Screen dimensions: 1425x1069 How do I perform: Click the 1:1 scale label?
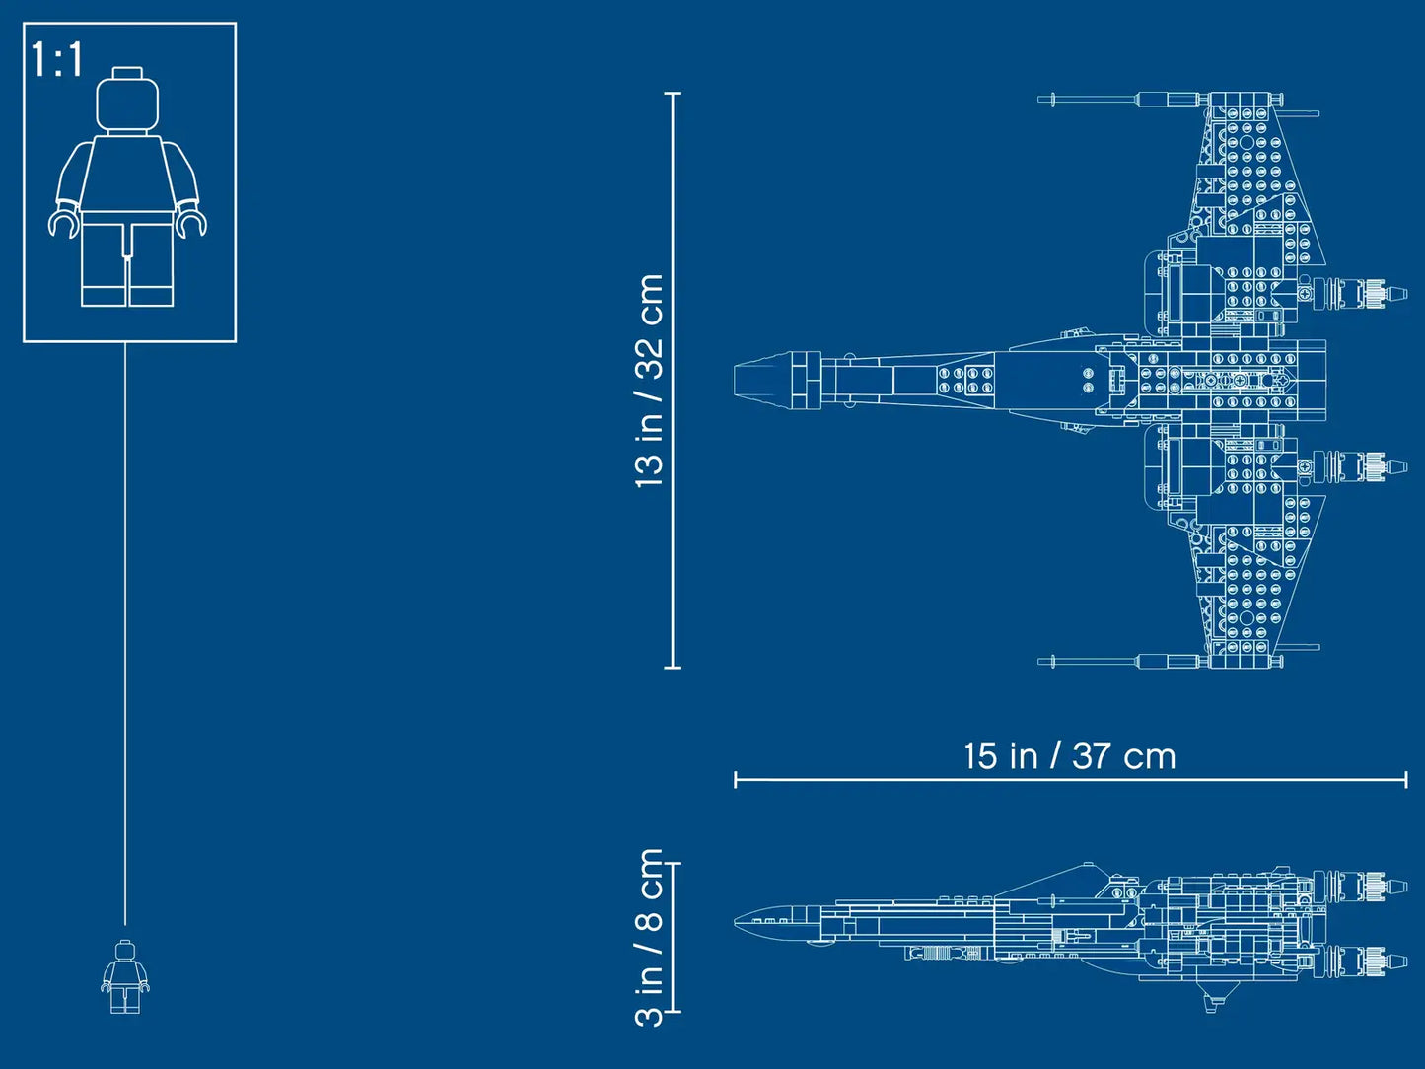point(57,60)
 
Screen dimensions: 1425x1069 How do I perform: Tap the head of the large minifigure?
point(127,101)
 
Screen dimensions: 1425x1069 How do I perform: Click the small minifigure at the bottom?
point(124,977)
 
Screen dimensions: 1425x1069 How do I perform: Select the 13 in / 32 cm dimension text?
point(649,381)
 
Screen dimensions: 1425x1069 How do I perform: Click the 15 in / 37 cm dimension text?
point(1069,756)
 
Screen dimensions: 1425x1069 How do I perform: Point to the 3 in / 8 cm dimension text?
point(649,937)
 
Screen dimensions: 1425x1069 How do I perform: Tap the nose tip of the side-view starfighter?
point(737,921)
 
